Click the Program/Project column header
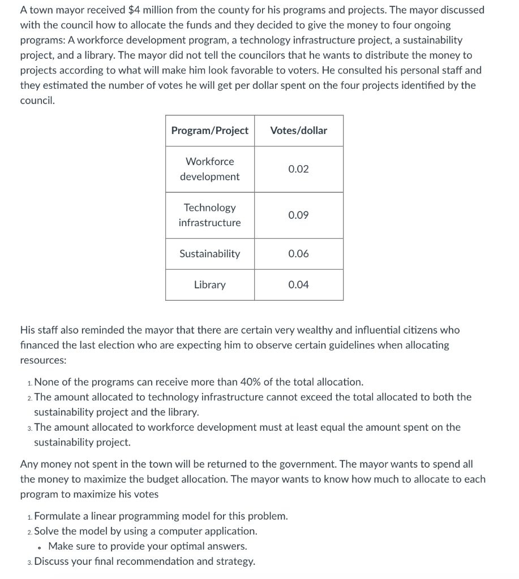(x=209, y=131)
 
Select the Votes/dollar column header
(x=298, y=131)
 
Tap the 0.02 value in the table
(x=298, y=169)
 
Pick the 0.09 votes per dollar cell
(x=298, y=215)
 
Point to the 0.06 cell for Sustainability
(x=298, y=254)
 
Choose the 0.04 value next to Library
(x=298, y=285)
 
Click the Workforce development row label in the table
(x=209, y=169)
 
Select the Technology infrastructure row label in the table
(x=209, y=215)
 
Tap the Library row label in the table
(x=209, y=285)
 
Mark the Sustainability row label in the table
(x=209, y=254)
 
